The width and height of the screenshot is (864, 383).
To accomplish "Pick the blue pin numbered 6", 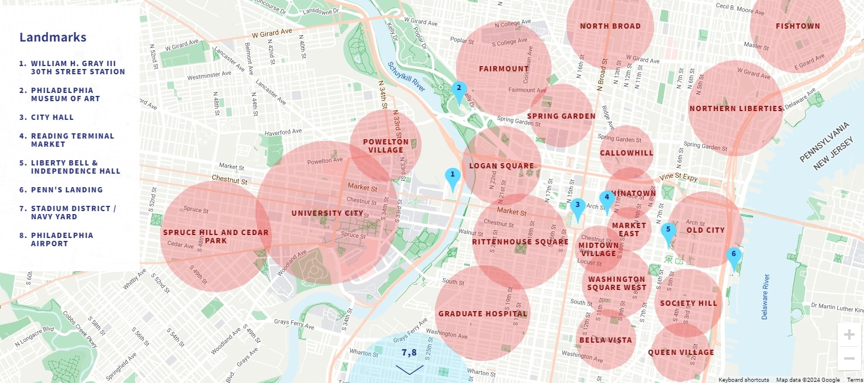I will pyautogui.click(x=734, y=256).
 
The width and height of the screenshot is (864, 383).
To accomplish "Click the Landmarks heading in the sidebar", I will pyautogui.click(x=53, y=37).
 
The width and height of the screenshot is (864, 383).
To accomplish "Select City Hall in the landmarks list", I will pyautogui.click(x=52, y=118).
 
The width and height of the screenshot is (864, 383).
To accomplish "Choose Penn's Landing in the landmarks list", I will pyautogui.click(x=67, y=190).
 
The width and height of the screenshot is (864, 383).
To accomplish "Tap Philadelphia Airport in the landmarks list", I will pyautogui.click(x=61, y=240).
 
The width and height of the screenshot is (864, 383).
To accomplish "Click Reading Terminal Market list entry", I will pyautogui.click(x=72, y=140).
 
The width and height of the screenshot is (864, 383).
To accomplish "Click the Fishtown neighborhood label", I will pyautogui.click(x=797, y=26).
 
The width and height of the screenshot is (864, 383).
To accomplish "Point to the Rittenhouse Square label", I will pyautogui.click(x=520, y=242).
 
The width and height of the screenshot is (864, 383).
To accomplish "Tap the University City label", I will pyautogui.click(x=327, y=213).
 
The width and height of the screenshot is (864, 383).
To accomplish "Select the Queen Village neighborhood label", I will pyautogui.click(x=680, y=353).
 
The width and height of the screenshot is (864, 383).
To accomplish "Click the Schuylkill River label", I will pyautogui.click(x=406, y=77).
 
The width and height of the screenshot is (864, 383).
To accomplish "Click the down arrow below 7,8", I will pyautogui.click(x=409, y=370).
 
